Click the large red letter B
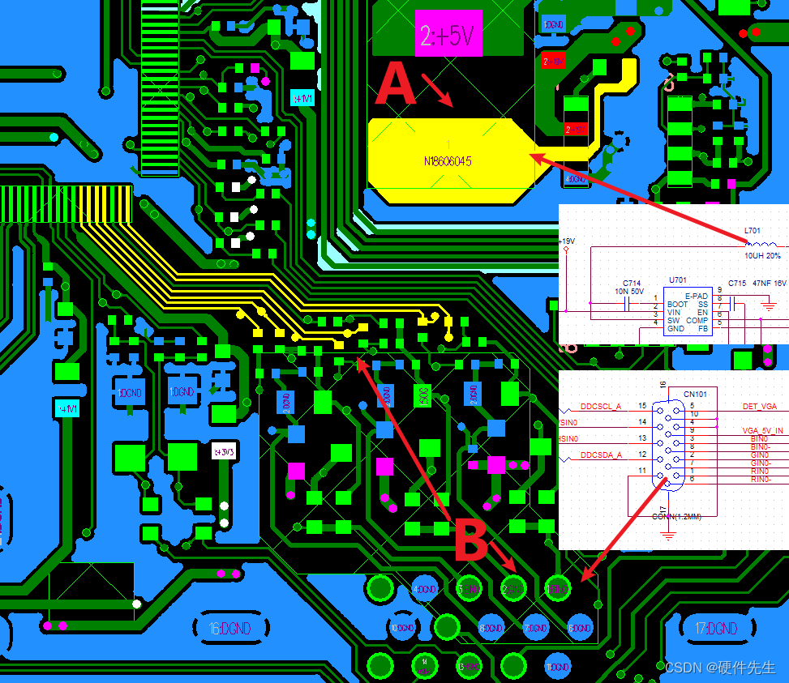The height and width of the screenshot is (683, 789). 470,540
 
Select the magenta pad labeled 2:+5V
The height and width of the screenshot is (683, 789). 448,33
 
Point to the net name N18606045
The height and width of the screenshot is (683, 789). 448,161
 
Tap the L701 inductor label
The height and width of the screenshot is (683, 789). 753,231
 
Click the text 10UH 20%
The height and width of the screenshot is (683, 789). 762,255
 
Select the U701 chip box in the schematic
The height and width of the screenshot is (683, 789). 688,312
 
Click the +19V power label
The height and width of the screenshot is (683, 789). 567,241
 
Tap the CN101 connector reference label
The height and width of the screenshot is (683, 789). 695,394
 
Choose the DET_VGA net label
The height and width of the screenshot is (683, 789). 759,406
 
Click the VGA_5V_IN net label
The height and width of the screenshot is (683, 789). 762,430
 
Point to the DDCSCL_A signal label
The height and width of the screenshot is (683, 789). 601,406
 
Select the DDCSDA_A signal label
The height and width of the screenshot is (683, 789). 601,455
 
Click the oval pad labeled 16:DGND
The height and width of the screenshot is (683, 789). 225,628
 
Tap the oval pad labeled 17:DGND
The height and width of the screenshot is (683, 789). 716,628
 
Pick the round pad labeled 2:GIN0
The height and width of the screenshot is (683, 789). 512,589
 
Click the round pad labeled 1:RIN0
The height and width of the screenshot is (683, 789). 557,589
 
